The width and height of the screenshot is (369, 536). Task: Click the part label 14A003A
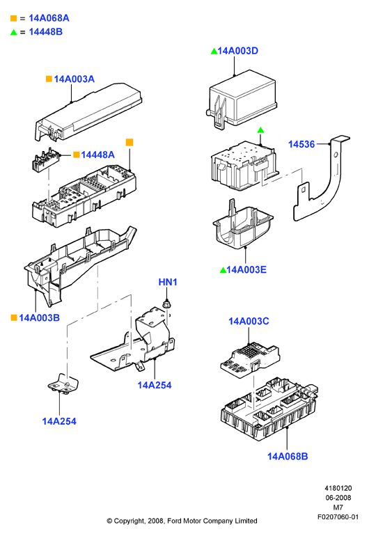pos(74,79)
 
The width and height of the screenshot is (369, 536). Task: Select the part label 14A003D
pos(237,51)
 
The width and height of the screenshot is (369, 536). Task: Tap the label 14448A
pos(97,155)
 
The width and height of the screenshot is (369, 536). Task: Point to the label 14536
pos(301,144)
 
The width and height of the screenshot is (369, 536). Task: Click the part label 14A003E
pos(246,269)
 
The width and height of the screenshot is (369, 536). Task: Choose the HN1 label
pos(168,282)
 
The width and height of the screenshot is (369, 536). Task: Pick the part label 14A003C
pos(249,322)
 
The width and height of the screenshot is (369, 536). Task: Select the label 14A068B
pos(288,457)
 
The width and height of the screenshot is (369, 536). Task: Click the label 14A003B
pos(39,318)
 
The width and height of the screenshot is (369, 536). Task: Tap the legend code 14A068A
pos(49,18)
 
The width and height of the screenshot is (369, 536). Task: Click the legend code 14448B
pos(46,32)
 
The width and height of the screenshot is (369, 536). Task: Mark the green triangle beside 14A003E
pos(223,270)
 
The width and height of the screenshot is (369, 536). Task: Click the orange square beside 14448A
pos(77,155)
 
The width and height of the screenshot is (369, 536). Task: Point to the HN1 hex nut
pos(166,304)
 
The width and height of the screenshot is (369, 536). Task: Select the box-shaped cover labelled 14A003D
pos(242,99)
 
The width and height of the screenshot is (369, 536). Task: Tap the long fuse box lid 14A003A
pos(88,111)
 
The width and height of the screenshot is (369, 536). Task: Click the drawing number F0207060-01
pos(338,517)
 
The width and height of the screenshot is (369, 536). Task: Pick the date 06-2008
pos(338,498)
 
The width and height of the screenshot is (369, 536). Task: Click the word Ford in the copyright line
pos(175,521)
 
